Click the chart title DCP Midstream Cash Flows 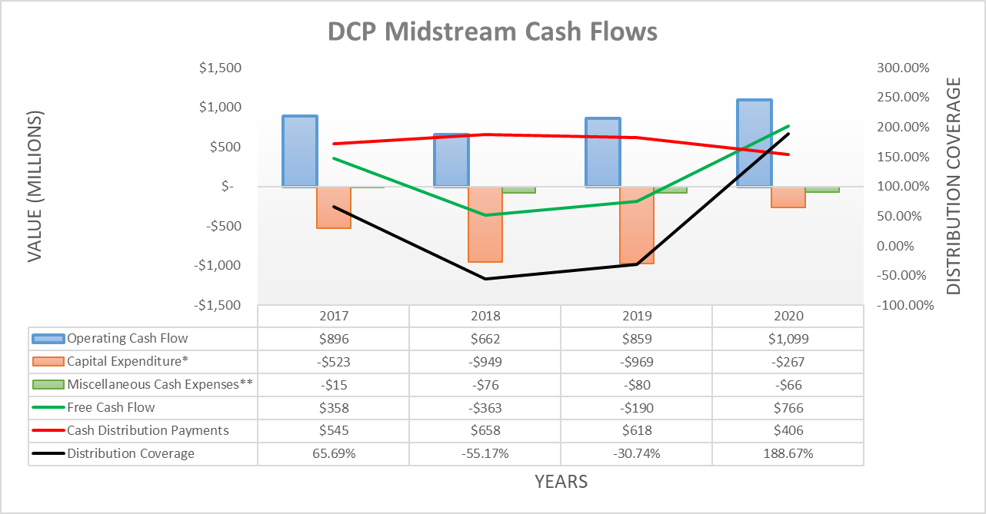point(492,32)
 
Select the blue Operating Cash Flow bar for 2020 point(754,143)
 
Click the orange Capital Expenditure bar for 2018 point(485,224)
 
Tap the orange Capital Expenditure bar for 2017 point(334,207)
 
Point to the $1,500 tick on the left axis point(220,68)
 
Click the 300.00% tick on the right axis point(904,68)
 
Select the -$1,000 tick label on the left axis point(218,265)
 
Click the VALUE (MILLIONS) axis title point(35,187)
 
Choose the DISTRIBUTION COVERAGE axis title point(954,187)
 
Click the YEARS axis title point(561,482)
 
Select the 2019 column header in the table point(636,316)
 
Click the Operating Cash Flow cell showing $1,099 point(788,338)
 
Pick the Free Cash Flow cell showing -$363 point(485,407)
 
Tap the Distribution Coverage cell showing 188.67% point(788,453)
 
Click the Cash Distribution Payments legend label point(148,430)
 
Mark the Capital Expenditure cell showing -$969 point(636,361)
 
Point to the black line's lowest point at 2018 point(485,278)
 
